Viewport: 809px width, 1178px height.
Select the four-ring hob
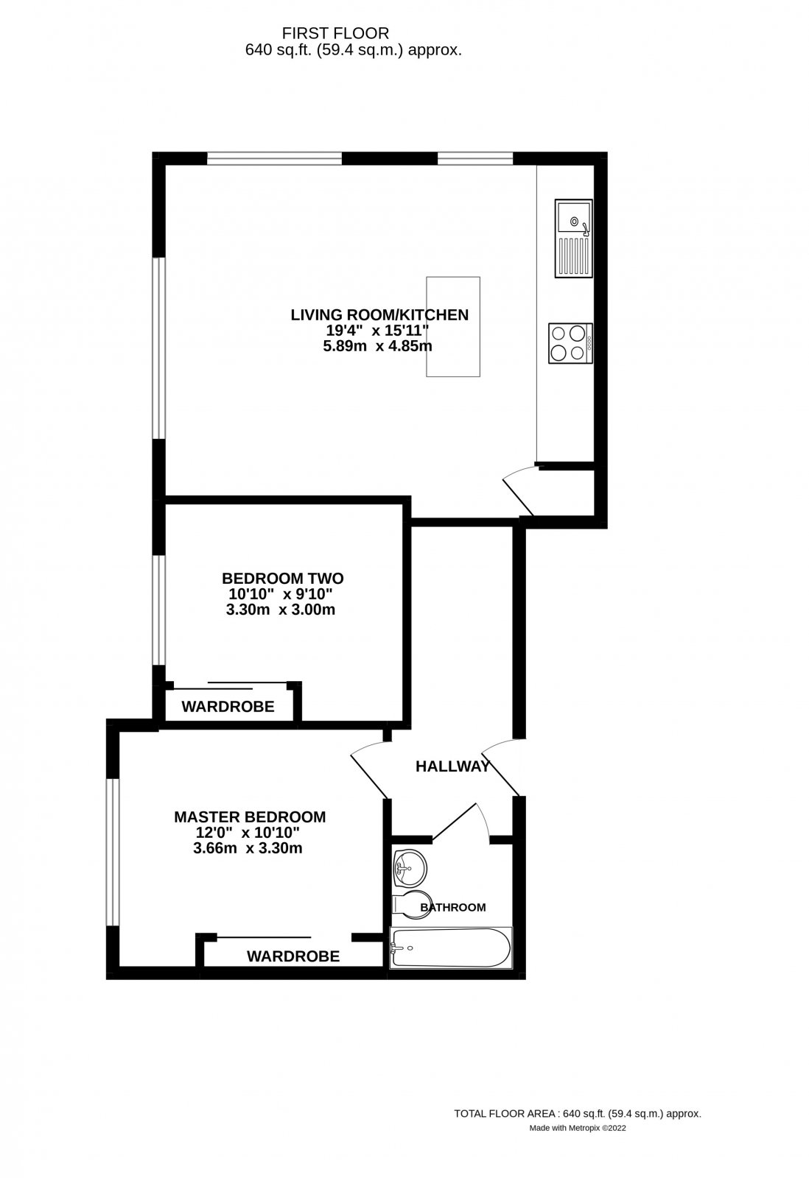coord(568,342)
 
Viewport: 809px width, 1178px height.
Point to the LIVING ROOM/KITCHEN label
coord(379,315)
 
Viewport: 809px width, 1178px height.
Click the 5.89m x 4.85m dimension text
coord(377,345)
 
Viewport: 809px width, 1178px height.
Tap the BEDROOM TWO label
coord(283,578)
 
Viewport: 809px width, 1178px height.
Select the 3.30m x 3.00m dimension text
coord(283,610)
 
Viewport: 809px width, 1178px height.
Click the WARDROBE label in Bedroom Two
coord(228,707)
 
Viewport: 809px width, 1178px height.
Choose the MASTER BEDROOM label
coord(250,817)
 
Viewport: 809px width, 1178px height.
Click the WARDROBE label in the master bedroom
coord(293,956)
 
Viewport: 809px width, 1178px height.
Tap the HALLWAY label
coord(452,766)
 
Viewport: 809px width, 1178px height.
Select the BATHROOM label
coord(453,907)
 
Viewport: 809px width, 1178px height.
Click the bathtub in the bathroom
coord(450,948)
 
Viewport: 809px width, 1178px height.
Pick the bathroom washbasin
coord(408,869)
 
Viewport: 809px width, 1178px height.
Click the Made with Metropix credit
coord(578,1127)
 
